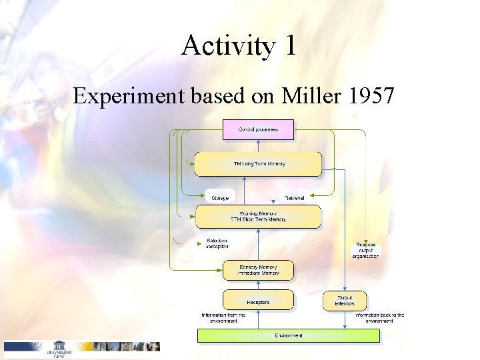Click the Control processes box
click(x=257, y=129)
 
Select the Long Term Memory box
click(x=257, y=164)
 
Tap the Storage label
click(x=220, y=198)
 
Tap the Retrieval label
click(x=295, y=198)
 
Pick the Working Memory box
click(x=257, y=216)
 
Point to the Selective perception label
click(x=218, y=243)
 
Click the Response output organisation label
click(x=366, y=251)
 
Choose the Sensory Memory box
click(x=257, y=269)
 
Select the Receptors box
click(x=257, y=301)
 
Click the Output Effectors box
click(x=345, y=301)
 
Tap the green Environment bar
click(x=288, y=335)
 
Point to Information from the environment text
click(x=223, y=318)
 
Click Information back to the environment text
click(x=379, y=318)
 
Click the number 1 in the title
click(x=289, y=46)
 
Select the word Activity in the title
click(x=224, y=46)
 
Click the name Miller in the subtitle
click(x=311, y=97)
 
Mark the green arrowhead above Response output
click(x=365, y=241)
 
